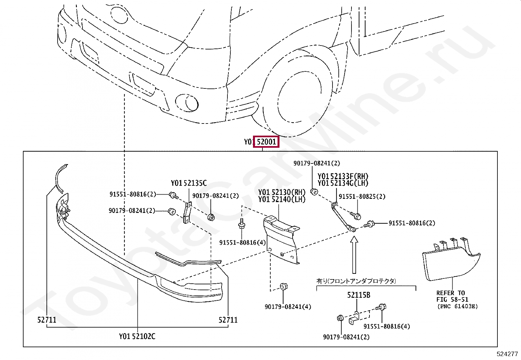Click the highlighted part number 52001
266,142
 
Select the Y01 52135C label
189,183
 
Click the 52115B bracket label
358,295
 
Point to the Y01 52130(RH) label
281,192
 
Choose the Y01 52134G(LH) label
343,183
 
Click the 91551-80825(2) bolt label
362,197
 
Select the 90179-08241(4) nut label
288,307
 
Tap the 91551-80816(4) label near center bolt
242,243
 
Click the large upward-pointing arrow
354,256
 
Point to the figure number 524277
507,354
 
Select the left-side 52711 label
46,320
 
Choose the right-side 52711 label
228,320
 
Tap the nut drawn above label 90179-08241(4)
284,287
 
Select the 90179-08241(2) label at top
316,163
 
